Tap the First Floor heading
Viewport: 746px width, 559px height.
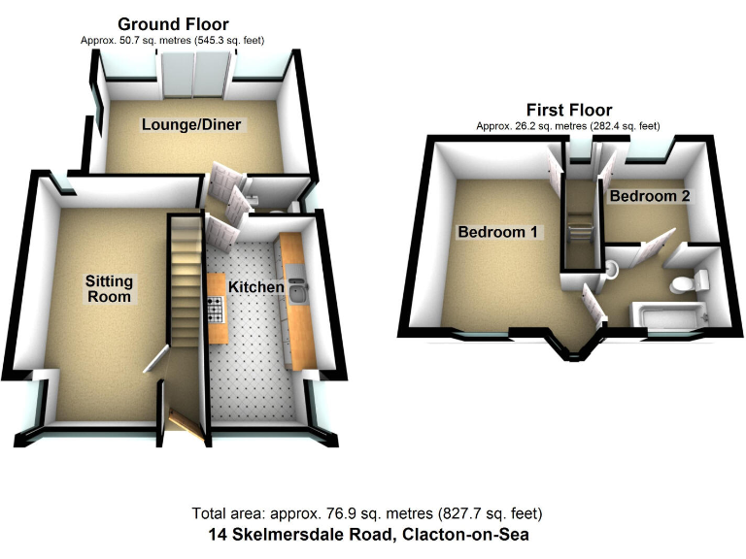569,110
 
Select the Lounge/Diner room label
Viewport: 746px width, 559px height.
191,125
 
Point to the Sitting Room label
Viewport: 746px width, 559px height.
109,288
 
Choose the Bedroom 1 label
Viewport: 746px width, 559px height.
499,233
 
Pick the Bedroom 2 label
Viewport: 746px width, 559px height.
649,196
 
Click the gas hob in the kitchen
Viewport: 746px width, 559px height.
216,309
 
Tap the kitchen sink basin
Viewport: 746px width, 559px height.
296,294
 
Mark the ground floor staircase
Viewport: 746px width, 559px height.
185,291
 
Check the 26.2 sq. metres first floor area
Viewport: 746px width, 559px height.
532,126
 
